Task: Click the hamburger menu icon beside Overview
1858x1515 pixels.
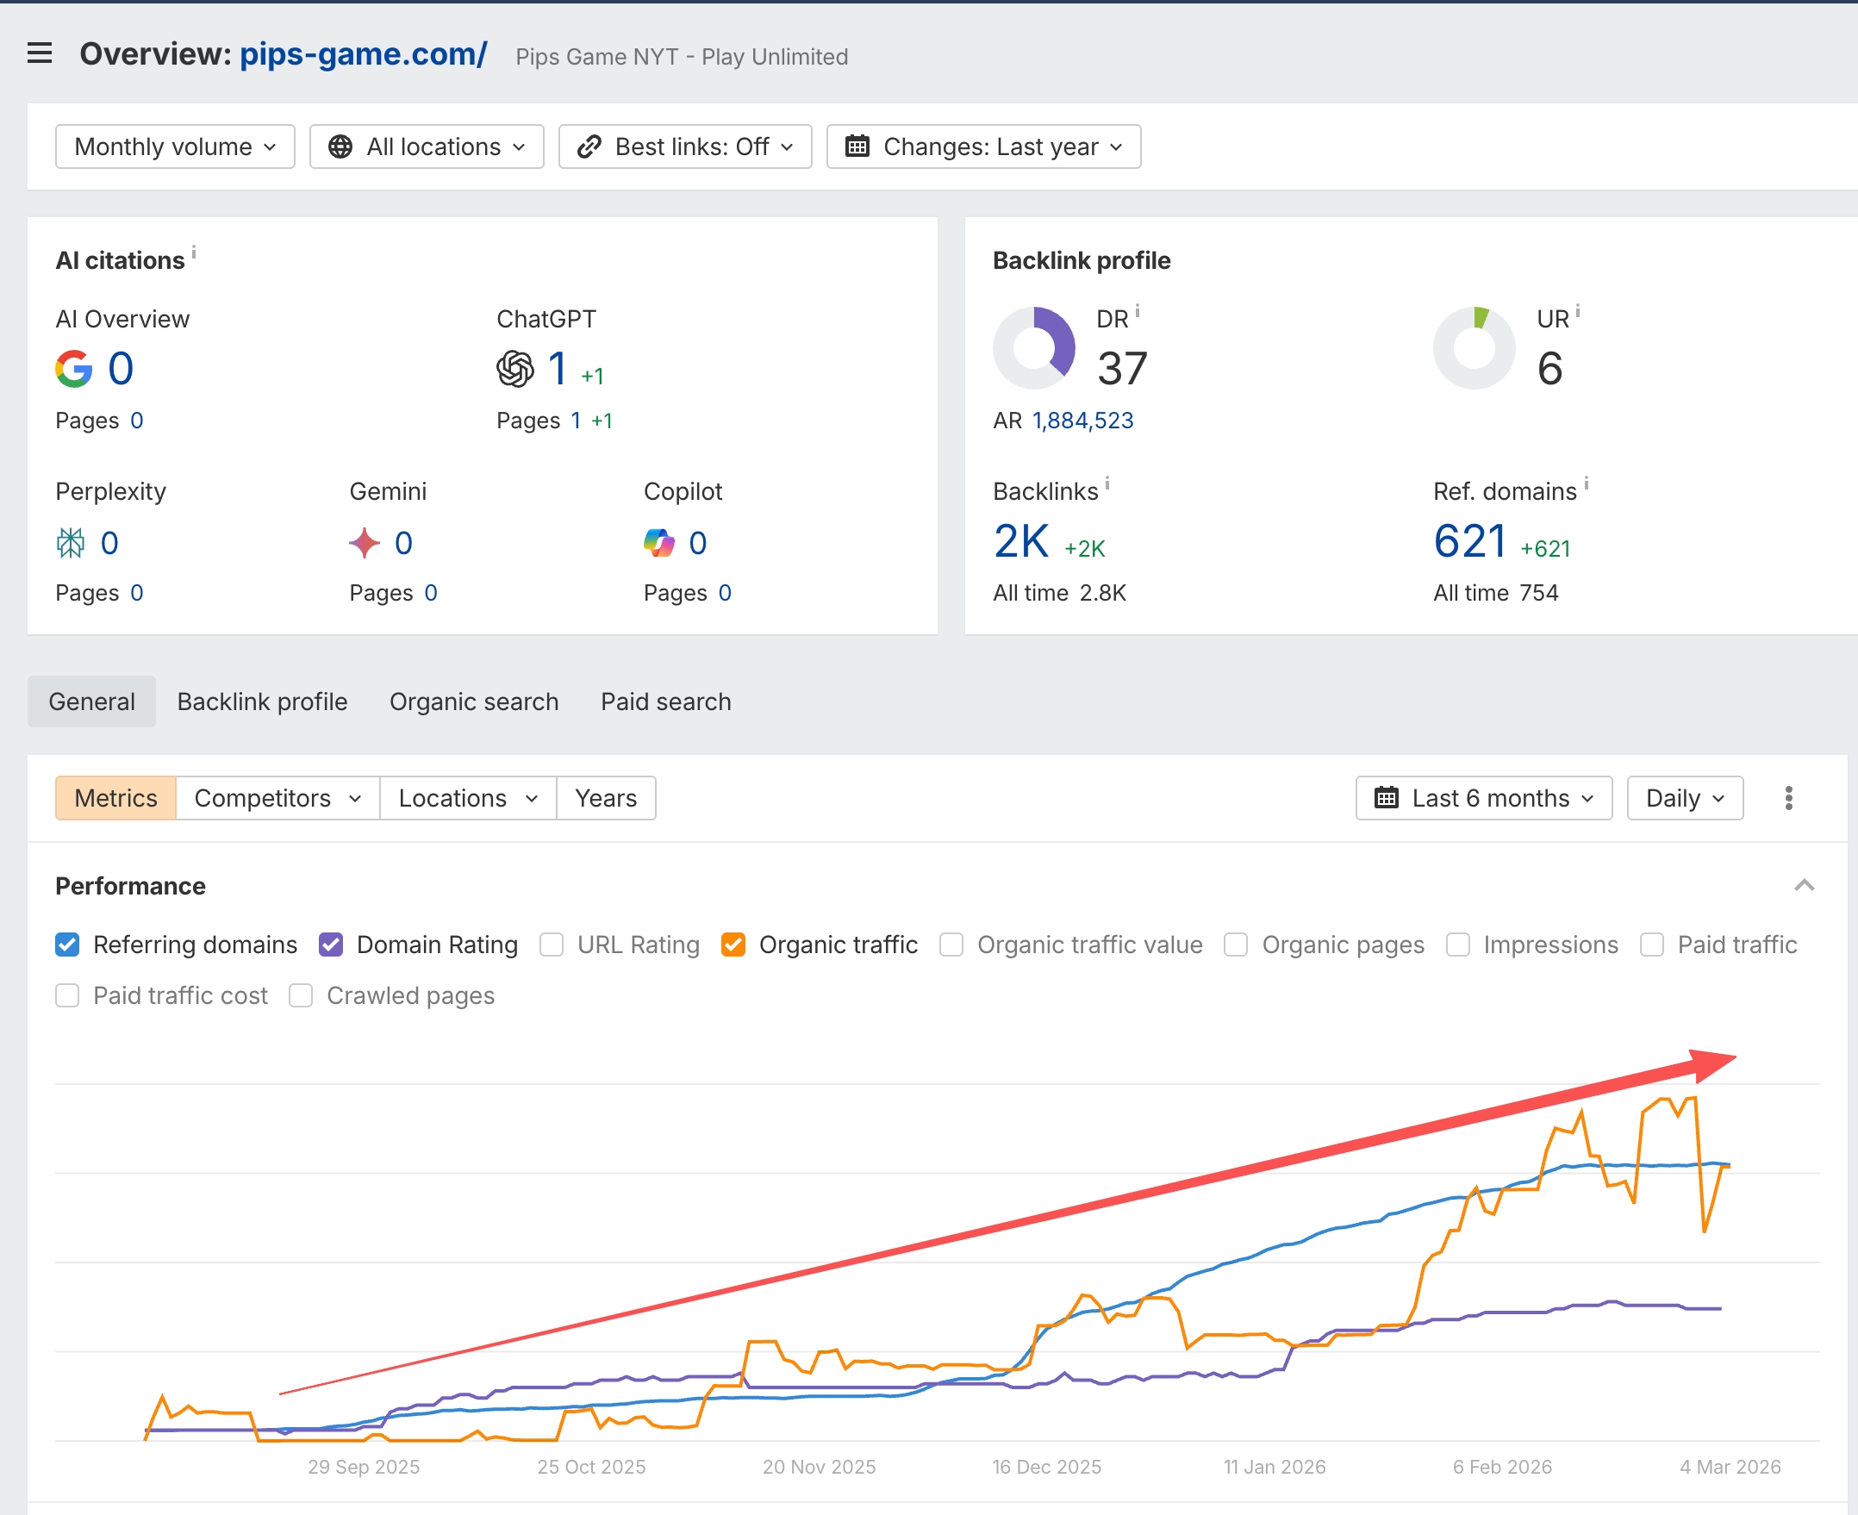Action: click(x=40, y=53)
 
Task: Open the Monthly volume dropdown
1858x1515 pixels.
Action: click(x=175, y=147)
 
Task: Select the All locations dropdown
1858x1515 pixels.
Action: click(x=427, y=147)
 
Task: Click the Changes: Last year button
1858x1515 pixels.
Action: click(x=983, y=147)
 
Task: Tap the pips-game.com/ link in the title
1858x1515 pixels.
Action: click(x=363, y=54)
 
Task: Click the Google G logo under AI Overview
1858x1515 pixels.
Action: click(x=74, y=368)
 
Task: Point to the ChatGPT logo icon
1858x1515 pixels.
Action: click(x=514, y=368)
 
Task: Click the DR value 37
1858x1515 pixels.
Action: click(x=1121, y=368)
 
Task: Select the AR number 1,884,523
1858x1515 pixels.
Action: click(x=1082, y=421)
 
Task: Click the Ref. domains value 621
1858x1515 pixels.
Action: click(x=1469, y=541)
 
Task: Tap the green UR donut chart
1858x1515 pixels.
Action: click(x=1474, y=347)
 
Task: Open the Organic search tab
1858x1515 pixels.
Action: click(x=474, y=701)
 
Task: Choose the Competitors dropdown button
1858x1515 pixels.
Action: click(x=277, y=798)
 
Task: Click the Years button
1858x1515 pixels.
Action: click(x=606, y=798)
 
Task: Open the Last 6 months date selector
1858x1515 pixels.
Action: click(x=1484, y=798)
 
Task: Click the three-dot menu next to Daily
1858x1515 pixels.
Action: click(x=1788, y=798)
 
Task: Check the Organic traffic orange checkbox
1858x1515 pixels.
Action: click(x=733, y=945)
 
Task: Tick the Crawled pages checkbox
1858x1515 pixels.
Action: click(x=301, y=995)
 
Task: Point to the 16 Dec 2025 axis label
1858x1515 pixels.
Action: click(x=1046, y=1467)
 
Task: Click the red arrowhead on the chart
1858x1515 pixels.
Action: click(x=1711, y=1063)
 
